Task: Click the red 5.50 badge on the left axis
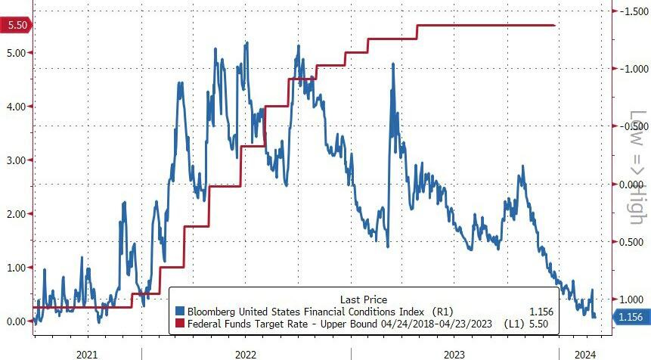[x=16, y=25]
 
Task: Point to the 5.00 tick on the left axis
[x=16, y=52]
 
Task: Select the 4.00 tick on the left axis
[x=16, y=106]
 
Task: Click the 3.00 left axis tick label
[x=16, y=160]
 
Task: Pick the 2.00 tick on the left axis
[x=16, y=214]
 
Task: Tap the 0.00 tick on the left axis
[x=16, y=321]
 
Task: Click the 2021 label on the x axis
[x=87, y=352]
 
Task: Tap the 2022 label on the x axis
[x=246, y=352]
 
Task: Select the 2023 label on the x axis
[x=454, y=352]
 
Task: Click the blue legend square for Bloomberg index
[x=179, y=311]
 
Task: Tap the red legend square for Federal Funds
[x=179, y=324]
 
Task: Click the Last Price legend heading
[x=363, y=299]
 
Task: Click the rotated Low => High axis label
[x=638, y=167]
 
